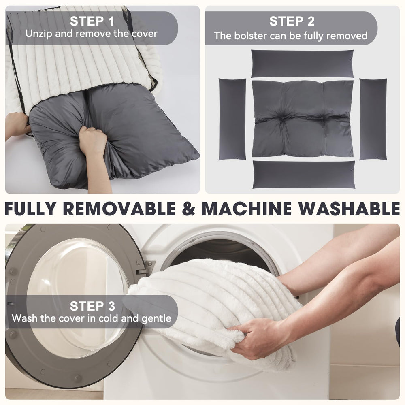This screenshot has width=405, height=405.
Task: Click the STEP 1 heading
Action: coord(92,21)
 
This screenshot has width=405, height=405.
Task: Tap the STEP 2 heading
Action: coord(292,21)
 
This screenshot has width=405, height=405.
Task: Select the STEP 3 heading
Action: coord(92,306)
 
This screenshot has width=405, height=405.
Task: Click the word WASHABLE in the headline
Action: coord(350,208)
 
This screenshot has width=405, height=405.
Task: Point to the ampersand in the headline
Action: coord(189,208)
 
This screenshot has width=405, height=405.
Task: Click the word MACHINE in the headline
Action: coord(247,208)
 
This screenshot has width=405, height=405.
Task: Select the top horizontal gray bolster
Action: coord(302,64)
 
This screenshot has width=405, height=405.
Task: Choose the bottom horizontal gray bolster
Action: coord(304,175)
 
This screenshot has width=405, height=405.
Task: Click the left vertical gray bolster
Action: coord(232,119)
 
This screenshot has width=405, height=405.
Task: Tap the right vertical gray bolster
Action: coord(373,119)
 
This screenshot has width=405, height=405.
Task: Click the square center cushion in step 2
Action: coord(303,119)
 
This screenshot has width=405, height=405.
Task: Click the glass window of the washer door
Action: coord(77,297)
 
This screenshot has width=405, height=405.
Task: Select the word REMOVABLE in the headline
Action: coord(119,208)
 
